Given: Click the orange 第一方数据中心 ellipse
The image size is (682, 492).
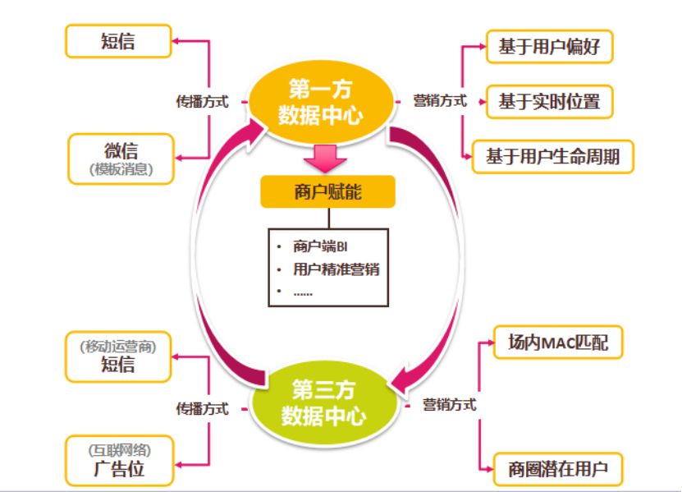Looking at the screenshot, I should click(x=320, y=102).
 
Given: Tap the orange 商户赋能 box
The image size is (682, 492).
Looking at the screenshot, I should click(x=327, y=193).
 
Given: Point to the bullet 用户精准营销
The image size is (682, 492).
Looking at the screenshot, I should click(x=336, y=269).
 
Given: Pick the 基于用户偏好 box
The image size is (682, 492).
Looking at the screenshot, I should click(x=549, y=47).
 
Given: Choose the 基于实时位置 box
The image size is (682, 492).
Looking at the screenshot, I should click(x=549, y=102).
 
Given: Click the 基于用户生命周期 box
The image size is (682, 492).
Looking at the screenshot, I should click(x=552, y=156).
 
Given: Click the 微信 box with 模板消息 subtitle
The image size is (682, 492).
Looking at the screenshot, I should click(x=121, y=159).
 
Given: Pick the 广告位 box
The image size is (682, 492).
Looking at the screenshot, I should click(x=120, y=462).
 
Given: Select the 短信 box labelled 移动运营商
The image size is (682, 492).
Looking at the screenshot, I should click(x=120, y=356).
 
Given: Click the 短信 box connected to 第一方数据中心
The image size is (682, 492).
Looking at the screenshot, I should click(x=120, y=42).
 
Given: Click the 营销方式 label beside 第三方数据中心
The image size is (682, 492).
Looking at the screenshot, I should click(x=450, y=405).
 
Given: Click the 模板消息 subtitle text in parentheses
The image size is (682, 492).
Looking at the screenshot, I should click(x=121, y=170).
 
